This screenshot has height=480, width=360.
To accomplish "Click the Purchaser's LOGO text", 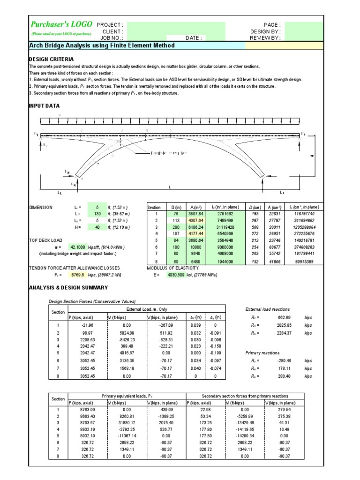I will click(x=60, y=25).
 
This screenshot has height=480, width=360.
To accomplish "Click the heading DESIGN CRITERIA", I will click(x=51, y=59).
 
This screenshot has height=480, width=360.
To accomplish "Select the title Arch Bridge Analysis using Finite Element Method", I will click(x=102, y=45).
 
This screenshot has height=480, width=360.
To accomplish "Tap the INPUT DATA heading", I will click(x=45, y=106).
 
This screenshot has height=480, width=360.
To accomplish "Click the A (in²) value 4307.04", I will click(x=196, y=220).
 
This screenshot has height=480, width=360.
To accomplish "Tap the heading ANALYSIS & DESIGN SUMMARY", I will click(x=68, y=287).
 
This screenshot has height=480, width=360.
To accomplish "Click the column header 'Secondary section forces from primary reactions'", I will click(x=245, y=396).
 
